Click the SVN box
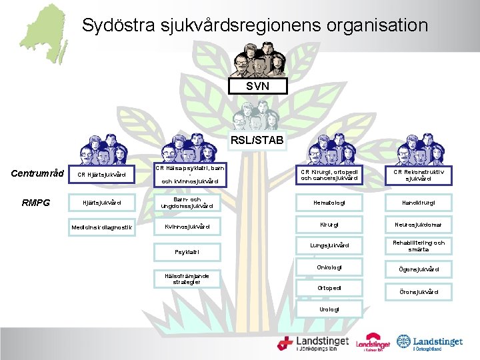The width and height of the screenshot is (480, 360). coord(257,87)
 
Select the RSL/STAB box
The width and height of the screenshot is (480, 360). coord(257,140)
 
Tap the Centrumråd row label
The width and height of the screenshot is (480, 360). coord(37,174)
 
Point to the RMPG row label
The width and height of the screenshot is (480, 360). coord(36,203)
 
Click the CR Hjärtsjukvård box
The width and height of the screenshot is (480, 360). coord(101,175)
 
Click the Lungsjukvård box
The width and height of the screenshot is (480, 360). coord(329,245)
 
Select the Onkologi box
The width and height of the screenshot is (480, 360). coord(329,267)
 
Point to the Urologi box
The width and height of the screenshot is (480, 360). coord(329,309)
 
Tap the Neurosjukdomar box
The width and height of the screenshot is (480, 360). coord(423,225)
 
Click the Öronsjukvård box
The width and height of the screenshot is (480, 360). coord(423,292)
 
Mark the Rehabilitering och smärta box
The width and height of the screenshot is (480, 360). coord(423,246)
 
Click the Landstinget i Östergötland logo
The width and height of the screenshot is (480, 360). coord(431,343)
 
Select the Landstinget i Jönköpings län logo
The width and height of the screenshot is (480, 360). coord(313,343)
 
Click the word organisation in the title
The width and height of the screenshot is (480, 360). coord(377,25)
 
